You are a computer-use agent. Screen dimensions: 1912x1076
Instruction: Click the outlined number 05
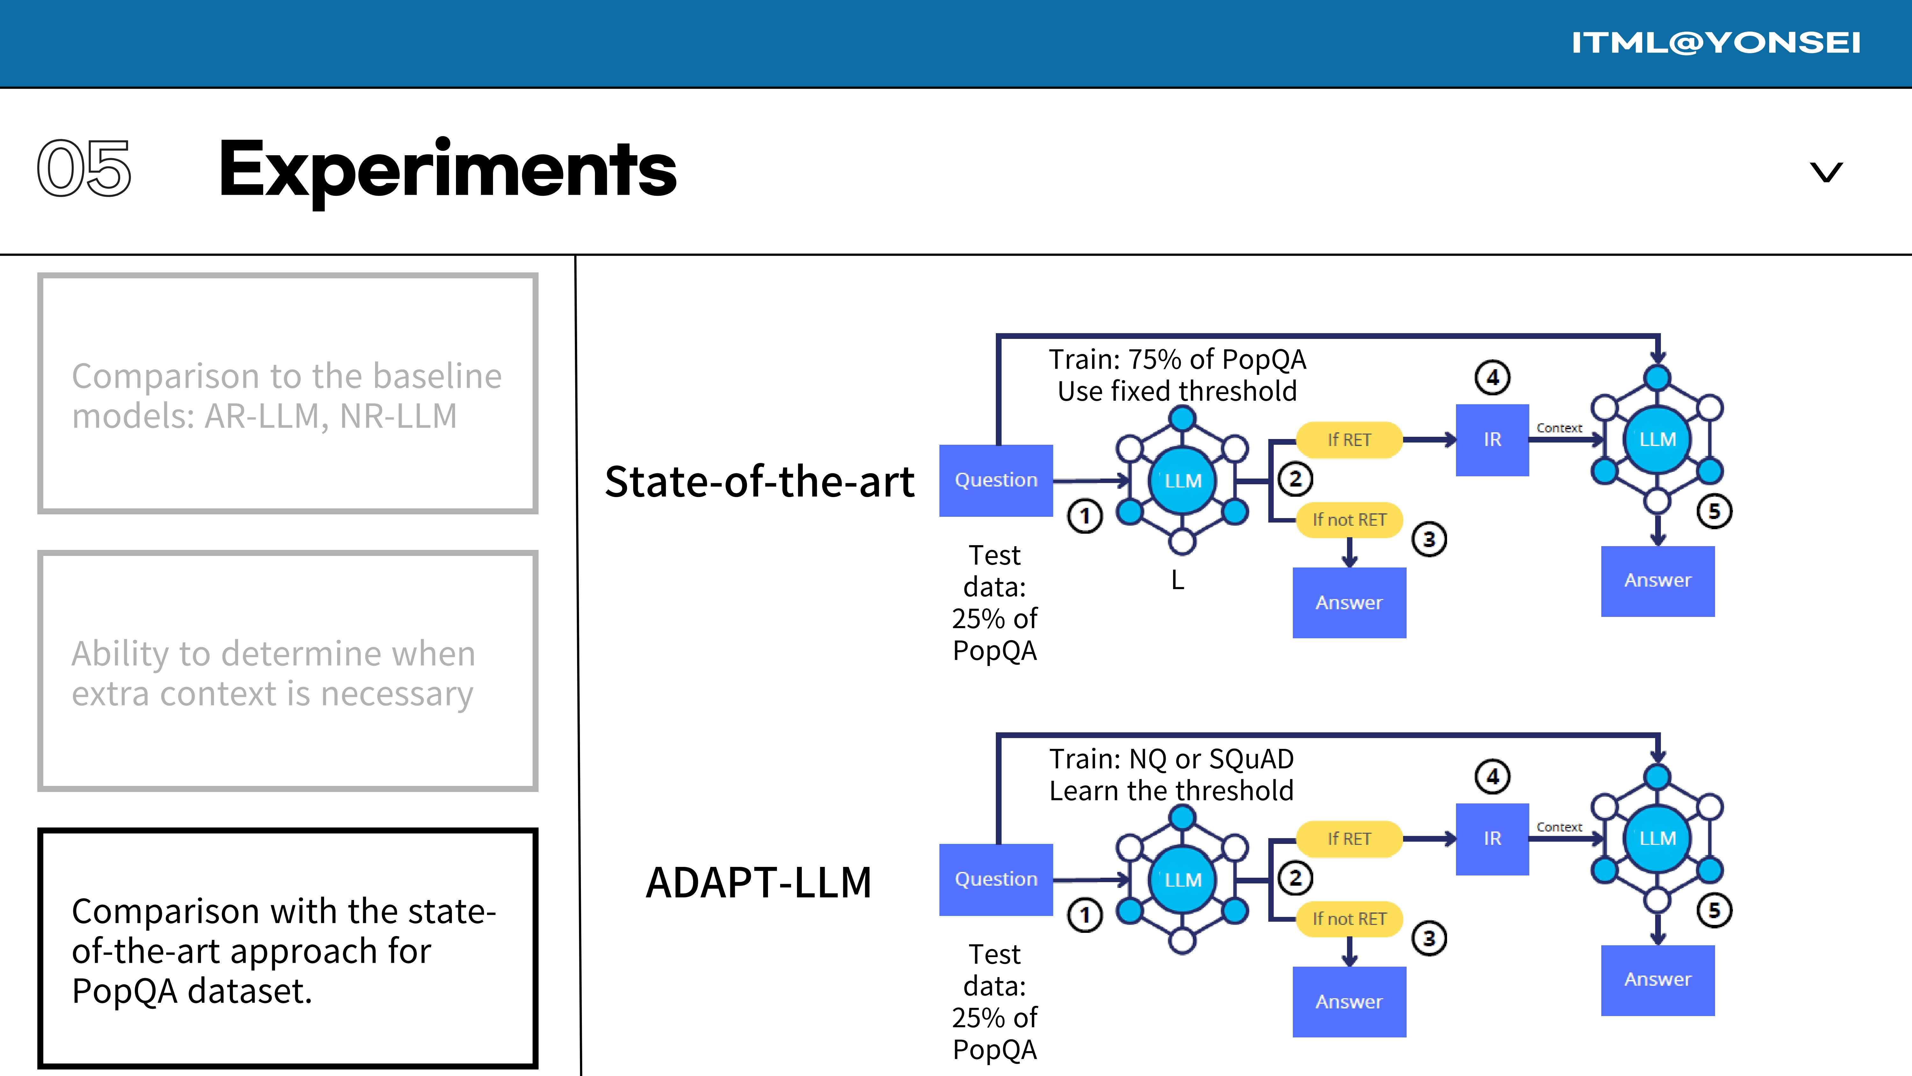[x=84, y=169]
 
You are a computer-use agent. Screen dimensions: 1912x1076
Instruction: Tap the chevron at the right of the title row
[x=1826, y=172]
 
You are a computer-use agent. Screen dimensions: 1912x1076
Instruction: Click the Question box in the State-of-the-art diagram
[x=996, y=480]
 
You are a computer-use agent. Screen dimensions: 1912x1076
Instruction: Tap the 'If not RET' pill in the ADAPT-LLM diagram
[x=1349, y=919]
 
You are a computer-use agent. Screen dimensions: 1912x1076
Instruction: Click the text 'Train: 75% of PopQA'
[x=1177, y=359]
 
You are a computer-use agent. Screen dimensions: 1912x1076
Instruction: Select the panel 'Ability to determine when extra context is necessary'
[x=288, y=671]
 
